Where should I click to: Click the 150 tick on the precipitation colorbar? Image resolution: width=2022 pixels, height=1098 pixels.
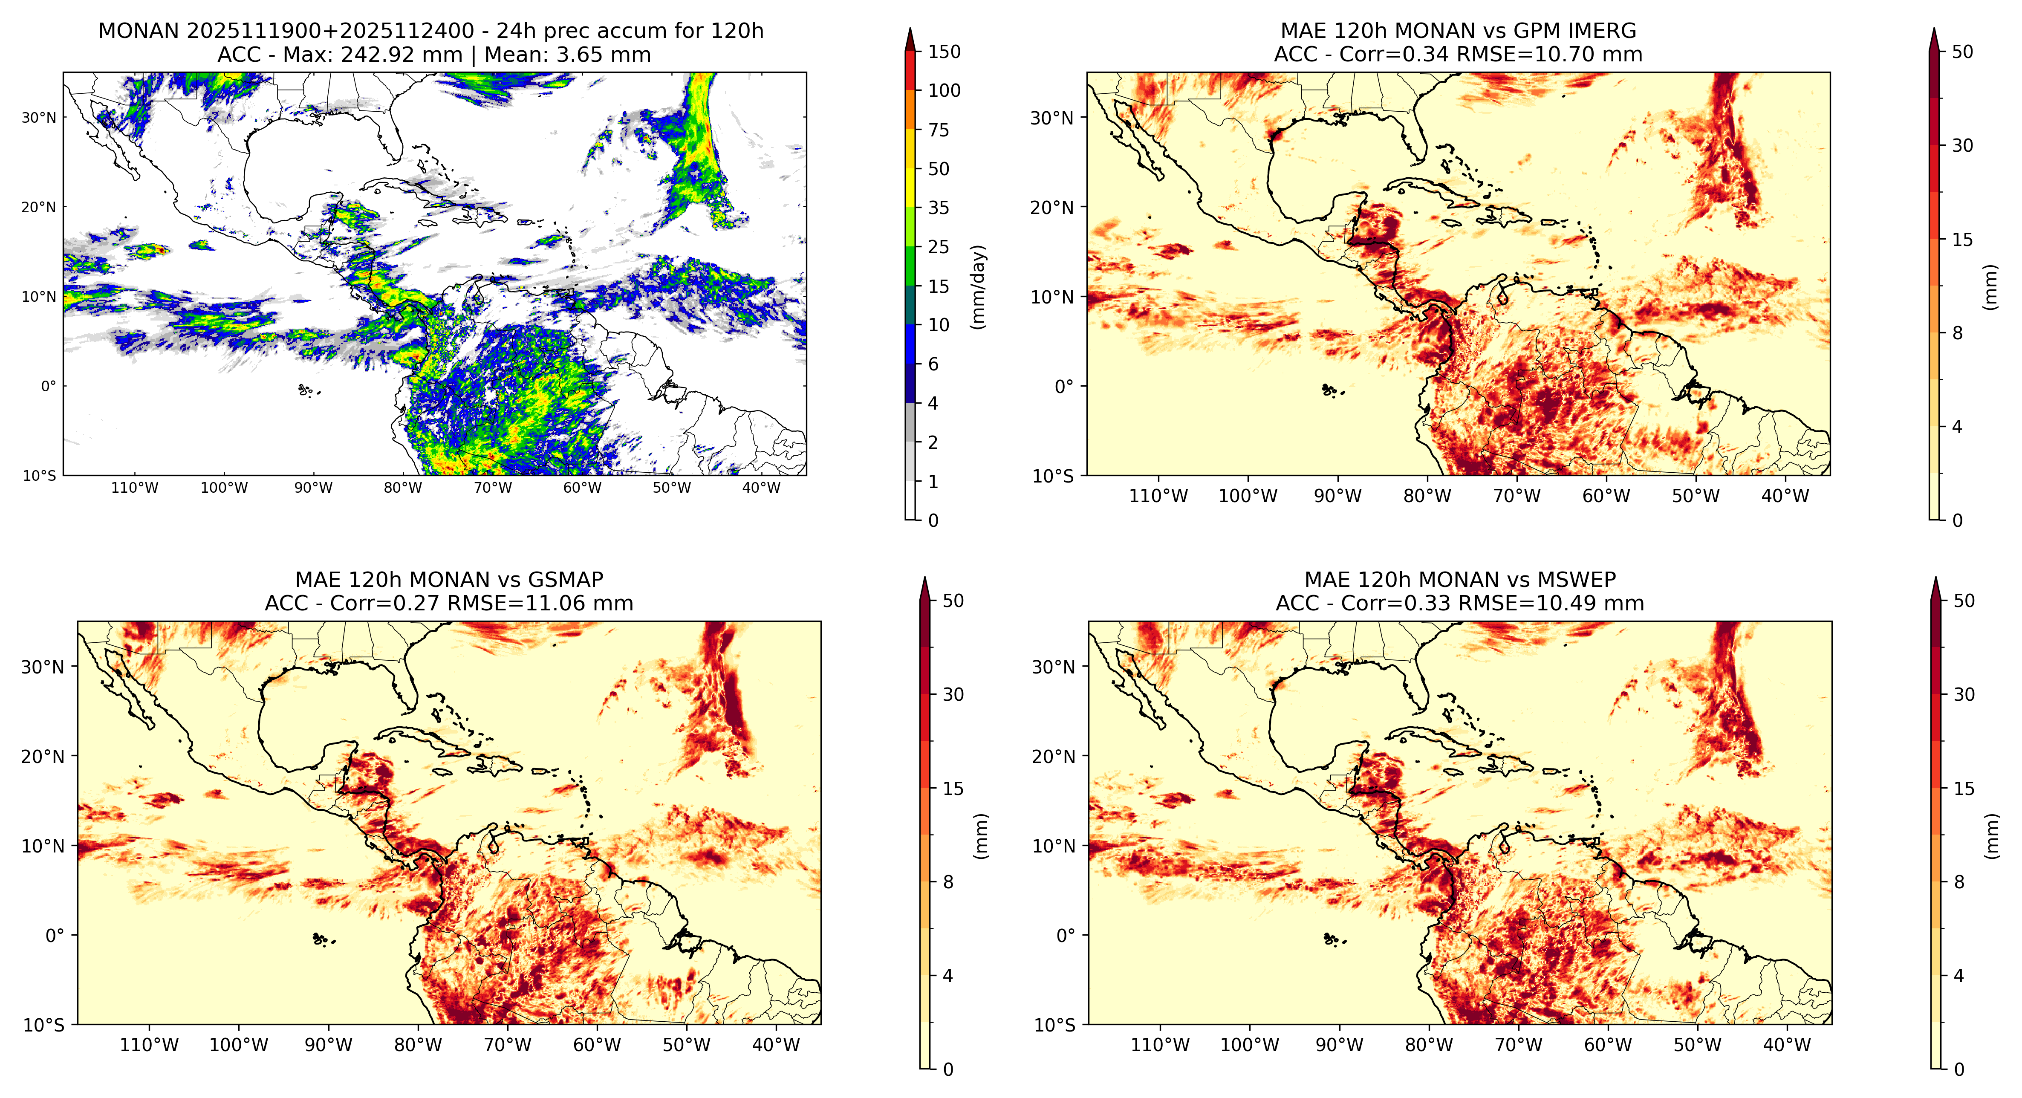click(944, 52)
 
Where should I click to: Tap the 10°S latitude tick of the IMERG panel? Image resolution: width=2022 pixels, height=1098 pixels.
click(1053, 476)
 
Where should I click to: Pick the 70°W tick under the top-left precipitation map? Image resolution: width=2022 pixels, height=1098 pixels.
click(493, 487)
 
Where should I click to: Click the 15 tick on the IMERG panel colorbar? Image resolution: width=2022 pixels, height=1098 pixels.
click(1962, 240)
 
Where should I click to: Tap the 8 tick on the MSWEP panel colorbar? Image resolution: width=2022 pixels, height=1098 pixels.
click(1959, 882)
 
